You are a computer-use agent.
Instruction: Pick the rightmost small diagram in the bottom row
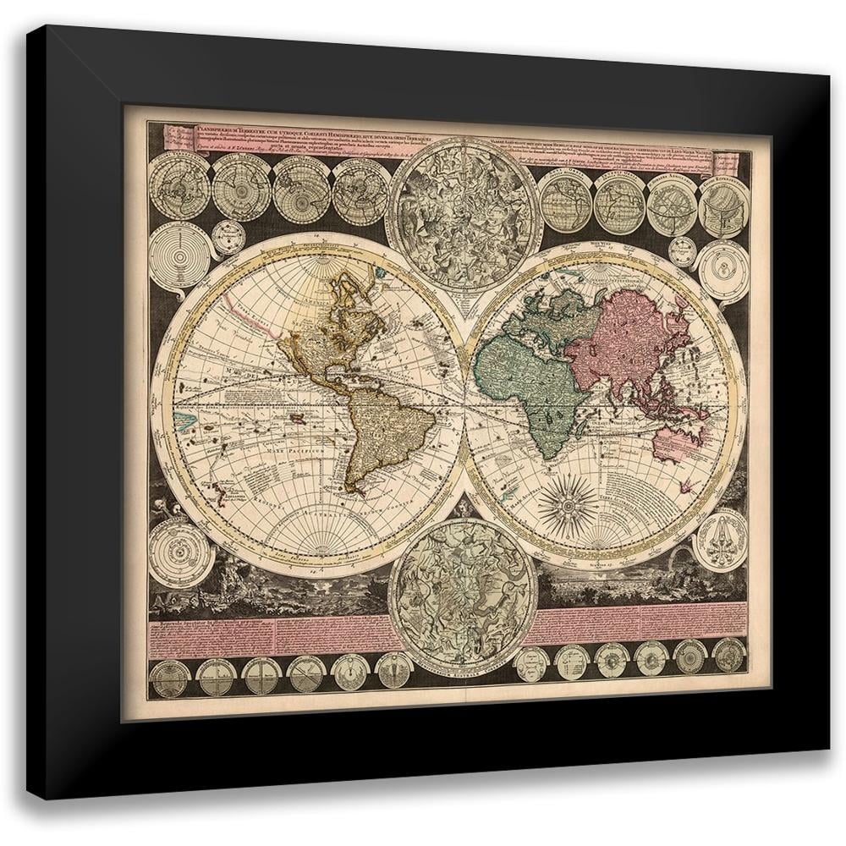(x=728, y=656)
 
